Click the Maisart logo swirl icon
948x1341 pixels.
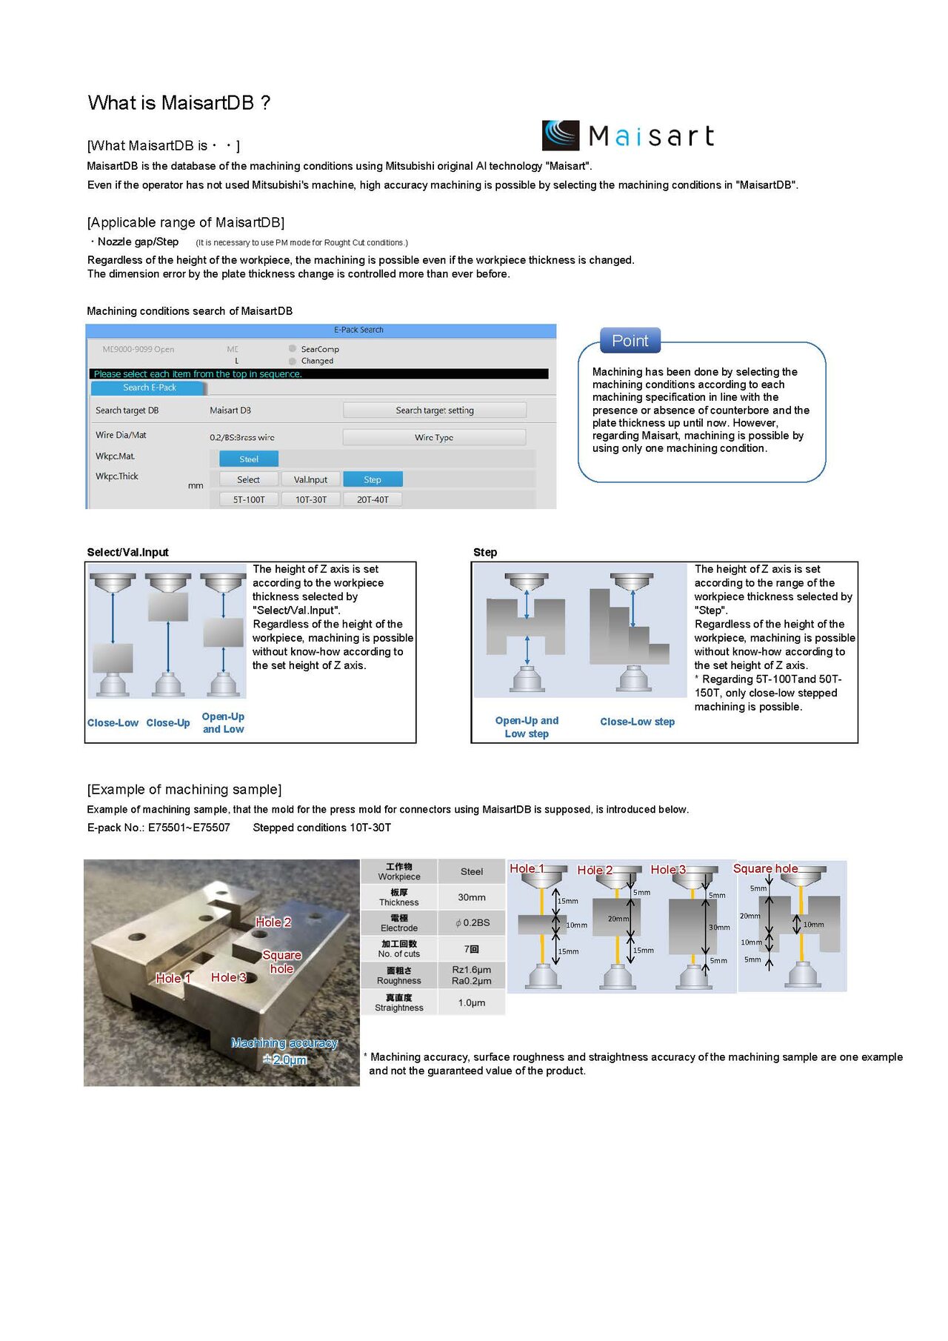coord(561,136)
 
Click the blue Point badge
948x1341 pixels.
coord(630,341)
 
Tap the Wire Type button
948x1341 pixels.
coord(434,437)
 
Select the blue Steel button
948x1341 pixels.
coord(249,459)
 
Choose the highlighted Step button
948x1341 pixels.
coord(373,479)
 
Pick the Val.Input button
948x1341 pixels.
coord(310,479)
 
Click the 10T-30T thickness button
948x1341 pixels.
coord(311,499)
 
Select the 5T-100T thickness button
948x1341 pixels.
coord(249,499)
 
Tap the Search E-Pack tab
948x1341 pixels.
coord(150,387)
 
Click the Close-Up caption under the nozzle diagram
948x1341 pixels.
coord(168,723)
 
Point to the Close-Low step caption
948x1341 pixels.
coord(637,722)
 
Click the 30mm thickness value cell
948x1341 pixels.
coord(472,897)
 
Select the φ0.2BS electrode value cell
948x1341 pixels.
coord(472,922)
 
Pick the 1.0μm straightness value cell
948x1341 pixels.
coord(472,1002)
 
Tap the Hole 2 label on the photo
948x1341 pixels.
coord(273,922)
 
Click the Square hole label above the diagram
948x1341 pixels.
coord(765,868)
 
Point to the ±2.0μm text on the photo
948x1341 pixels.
coord(285,1059)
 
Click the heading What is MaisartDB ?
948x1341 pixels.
coord(179,103)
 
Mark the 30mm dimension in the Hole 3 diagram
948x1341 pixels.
coord(719,928)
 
